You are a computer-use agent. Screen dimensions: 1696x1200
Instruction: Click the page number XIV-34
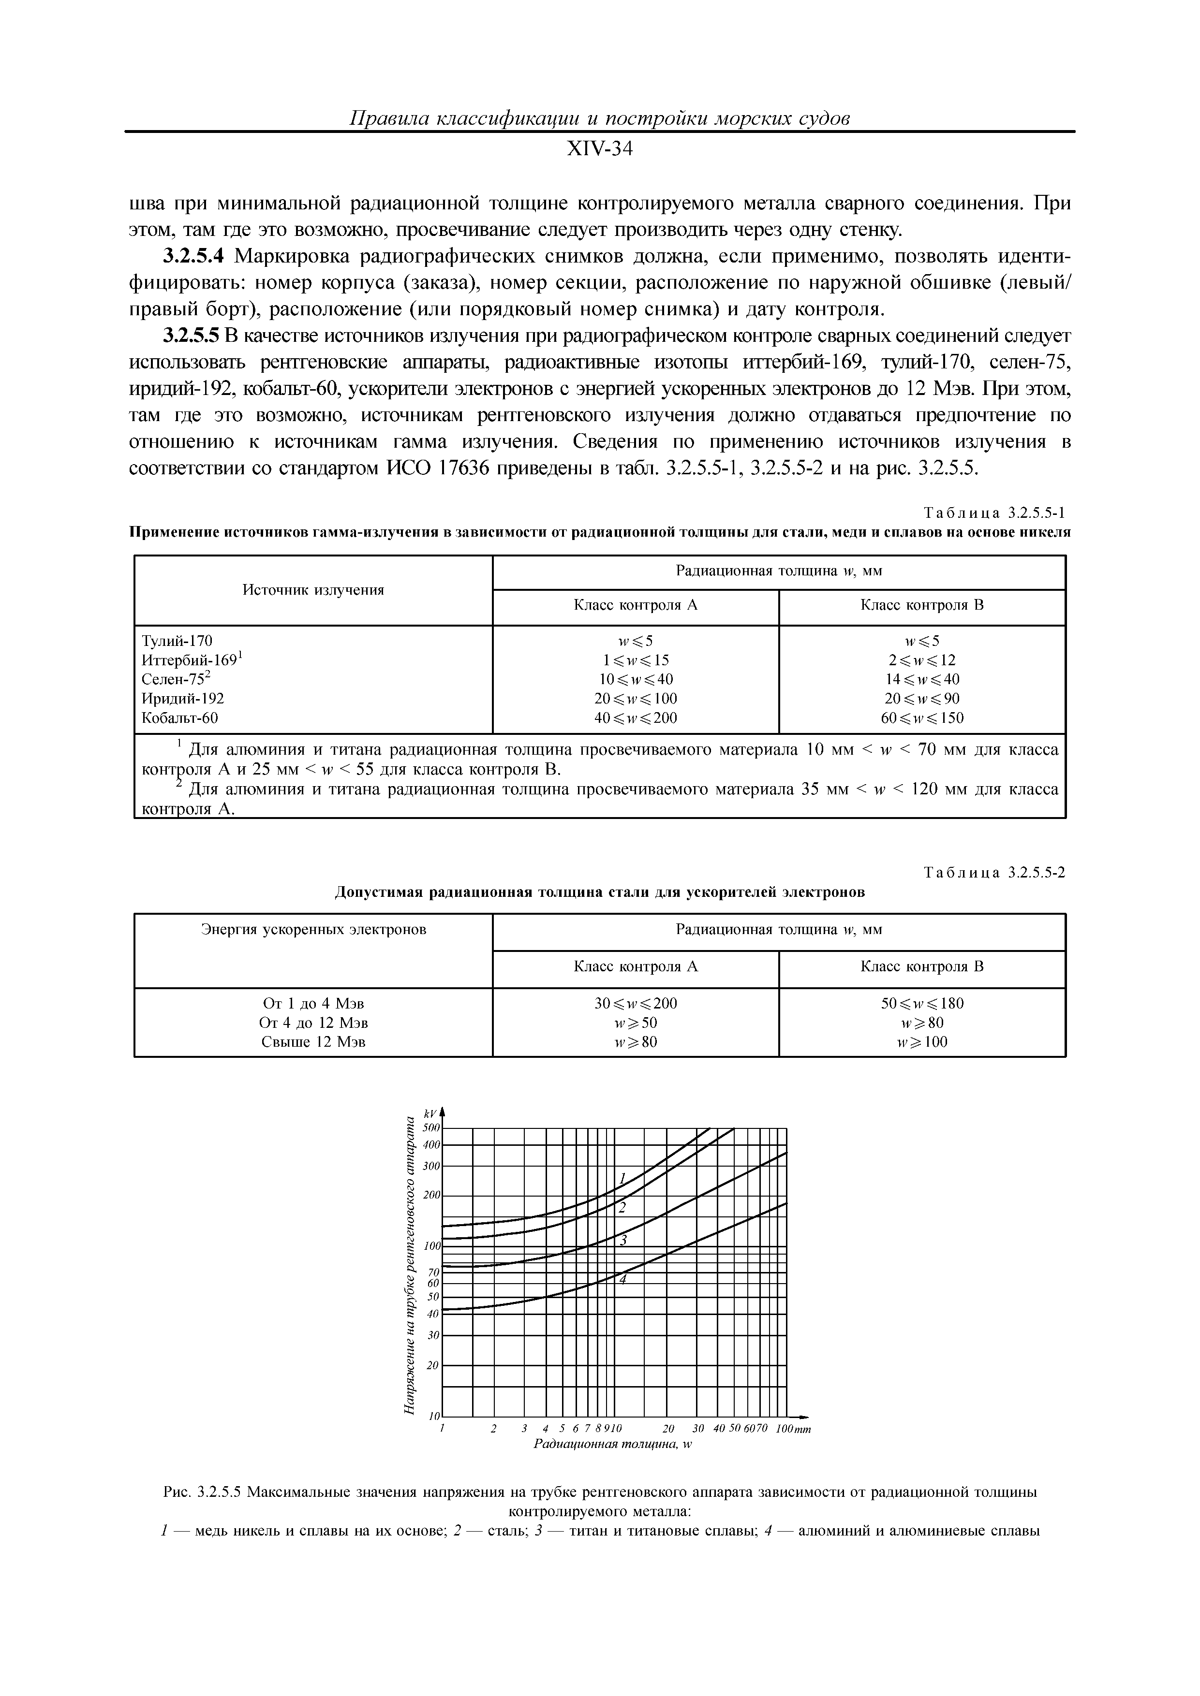pos(599,149)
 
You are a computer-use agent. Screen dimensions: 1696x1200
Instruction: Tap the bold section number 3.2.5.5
pos(191,336)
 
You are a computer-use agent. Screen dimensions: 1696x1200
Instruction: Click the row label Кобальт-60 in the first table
pos(179,717)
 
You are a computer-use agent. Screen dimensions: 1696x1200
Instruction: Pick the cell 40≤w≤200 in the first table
pos(636,717)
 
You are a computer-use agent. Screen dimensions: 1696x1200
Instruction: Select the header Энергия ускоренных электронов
pos(313,929)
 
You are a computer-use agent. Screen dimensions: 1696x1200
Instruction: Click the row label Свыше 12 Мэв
pos(313,1041)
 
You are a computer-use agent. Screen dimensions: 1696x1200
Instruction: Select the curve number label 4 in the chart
pos(622,1279)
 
